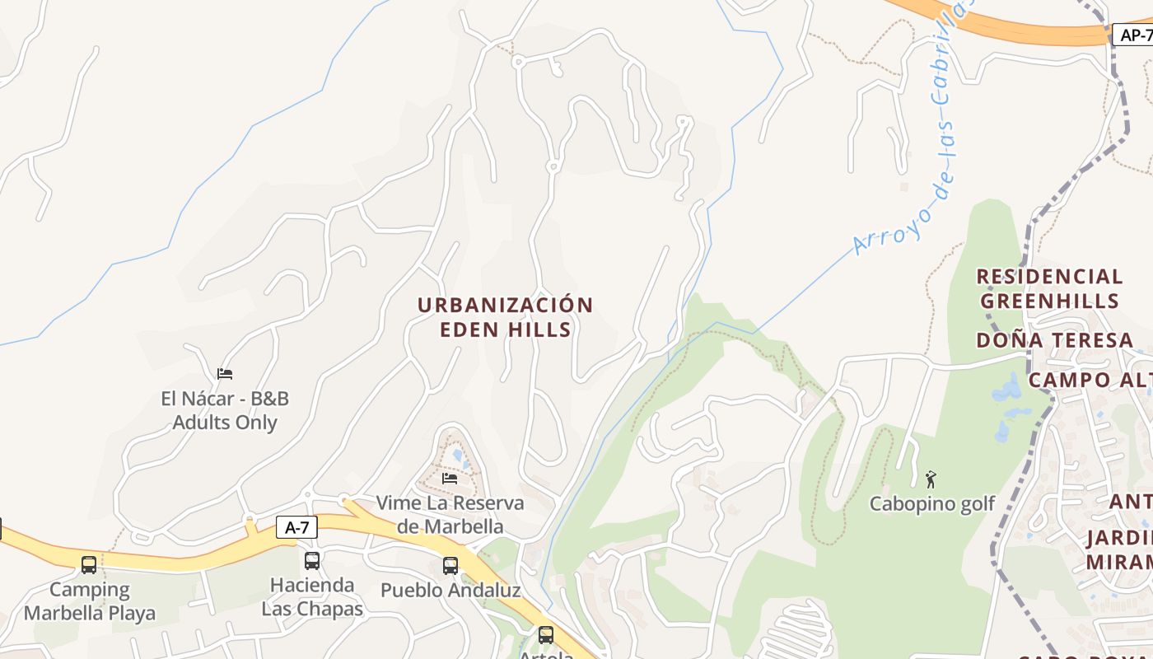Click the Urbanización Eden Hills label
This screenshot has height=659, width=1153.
[505, 317]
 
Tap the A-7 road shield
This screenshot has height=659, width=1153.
[296, 527]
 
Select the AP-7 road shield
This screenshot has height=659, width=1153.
[1135, 35]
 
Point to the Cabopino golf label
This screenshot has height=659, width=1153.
[932, 503]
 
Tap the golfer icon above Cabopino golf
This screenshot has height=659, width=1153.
[931, 479]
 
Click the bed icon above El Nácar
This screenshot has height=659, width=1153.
[225, 373]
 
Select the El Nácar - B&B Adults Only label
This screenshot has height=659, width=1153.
[225, 410]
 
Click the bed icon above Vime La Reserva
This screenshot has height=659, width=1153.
[450, 478]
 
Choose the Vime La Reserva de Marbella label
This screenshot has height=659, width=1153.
[450, 514]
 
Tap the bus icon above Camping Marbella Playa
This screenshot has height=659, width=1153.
[89, 565]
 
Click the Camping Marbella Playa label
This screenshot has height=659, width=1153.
[90, 601]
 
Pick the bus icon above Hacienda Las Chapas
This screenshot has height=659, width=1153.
[312, 561]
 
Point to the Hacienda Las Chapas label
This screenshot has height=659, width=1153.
[312, 597]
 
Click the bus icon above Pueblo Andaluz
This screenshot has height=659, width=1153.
[450, 566]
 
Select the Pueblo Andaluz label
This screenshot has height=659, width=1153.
[450, 591]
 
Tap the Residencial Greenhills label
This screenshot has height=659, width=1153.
[1049, 288]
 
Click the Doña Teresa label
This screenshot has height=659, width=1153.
[1054, 340]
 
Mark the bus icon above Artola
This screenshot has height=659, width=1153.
[546, 634]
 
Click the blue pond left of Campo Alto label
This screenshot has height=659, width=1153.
[1008, 389]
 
